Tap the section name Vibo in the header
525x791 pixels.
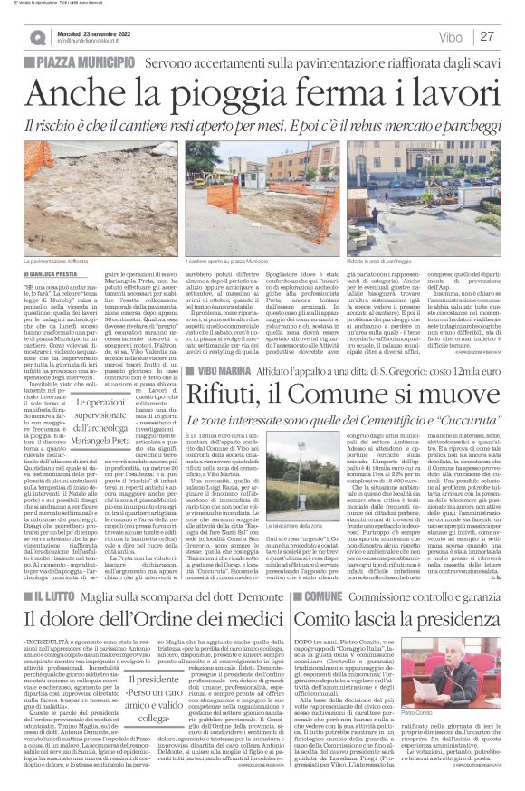pos(448,37)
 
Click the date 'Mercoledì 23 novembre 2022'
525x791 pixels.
pos(90,33)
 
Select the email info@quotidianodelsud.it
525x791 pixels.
pos(92,42)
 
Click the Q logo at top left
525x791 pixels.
pos(37,37)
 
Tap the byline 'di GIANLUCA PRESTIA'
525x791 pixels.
pos(57,272)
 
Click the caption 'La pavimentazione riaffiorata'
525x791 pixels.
pos(69,261)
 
